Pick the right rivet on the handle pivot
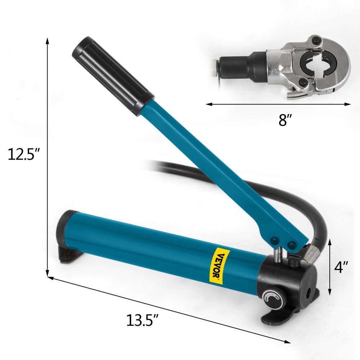292,245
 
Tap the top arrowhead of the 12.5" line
47,40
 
